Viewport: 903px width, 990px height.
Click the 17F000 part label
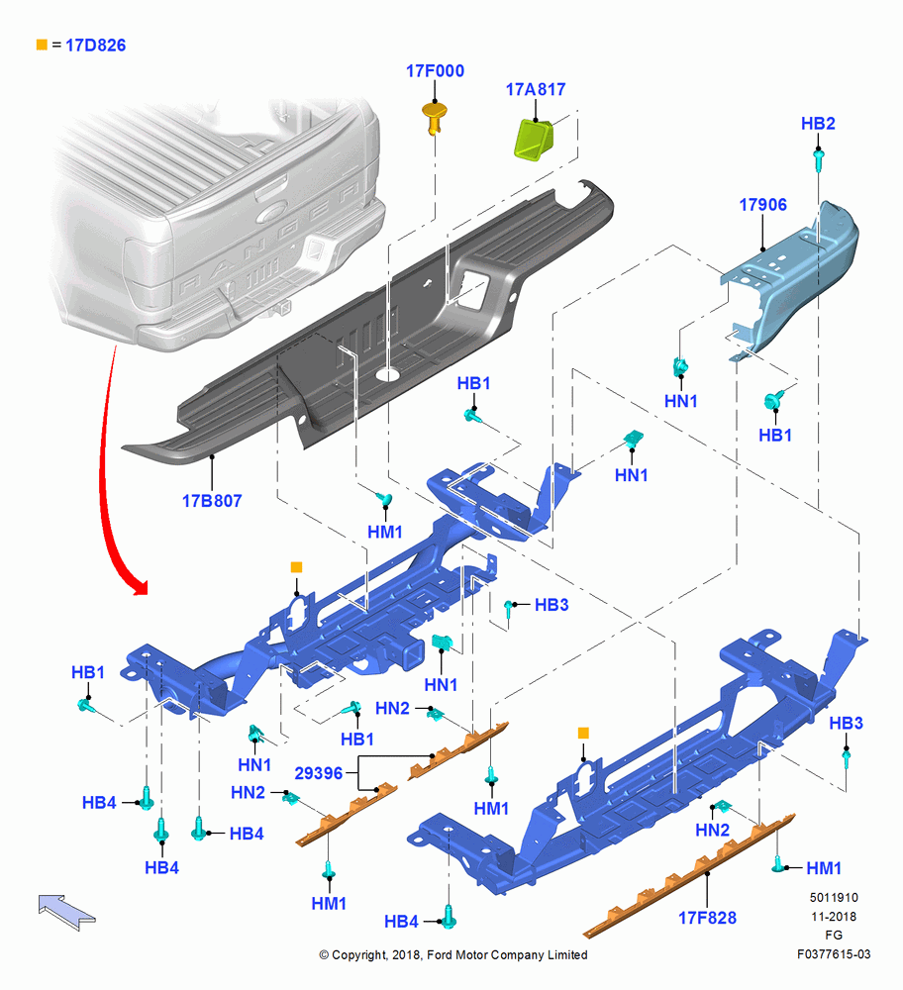click(435, 70)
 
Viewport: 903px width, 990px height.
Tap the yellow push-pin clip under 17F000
click(434, 118)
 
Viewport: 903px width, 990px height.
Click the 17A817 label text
click(536, 90)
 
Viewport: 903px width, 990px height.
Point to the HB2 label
click(818, 123)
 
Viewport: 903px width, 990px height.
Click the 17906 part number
click(762, 205)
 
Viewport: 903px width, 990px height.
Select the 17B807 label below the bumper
click(212, 501)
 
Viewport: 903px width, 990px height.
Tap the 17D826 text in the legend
click(95, 46)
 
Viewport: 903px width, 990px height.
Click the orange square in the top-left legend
click(42, 45)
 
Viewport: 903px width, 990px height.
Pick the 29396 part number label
click(318, 773)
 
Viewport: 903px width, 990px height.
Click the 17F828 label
click(707, 918)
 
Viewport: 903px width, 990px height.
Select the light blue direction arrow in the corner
click(66, 911)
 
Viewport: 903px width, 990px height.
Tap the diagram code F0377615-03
click(834, 954)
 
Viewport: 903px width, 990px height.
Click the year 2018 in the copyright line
click(405, 954)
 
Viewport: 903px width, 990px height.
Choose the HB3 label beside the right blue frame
click(846, 723)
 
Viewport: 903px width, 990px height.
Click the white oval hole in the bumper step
click(388, 374)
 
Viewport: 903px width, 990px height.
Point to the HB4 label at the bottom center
click(401, 922)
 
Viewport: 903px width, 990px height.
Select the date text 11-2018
click(834, 916)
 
